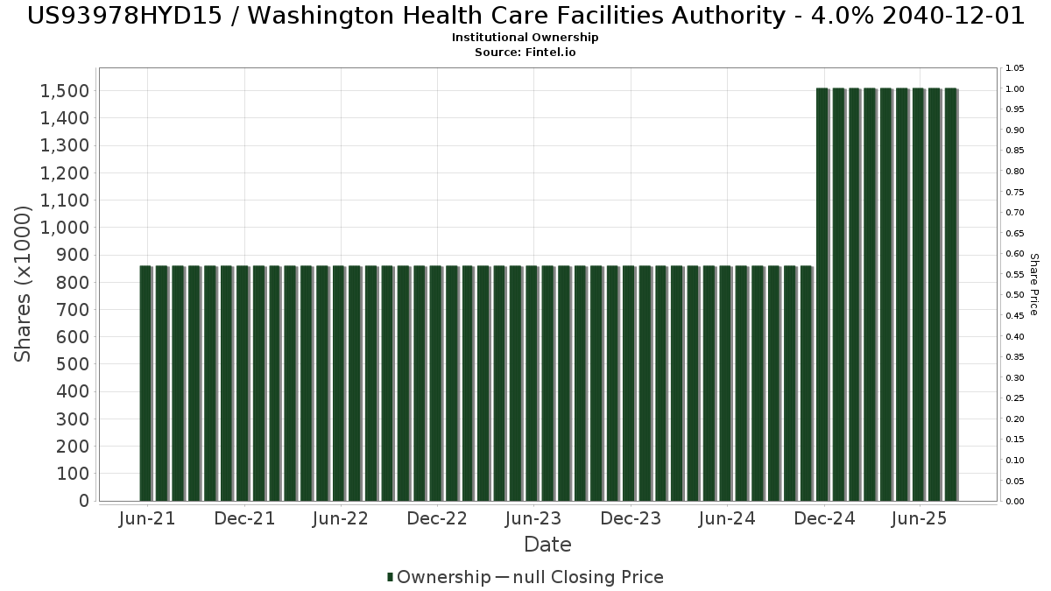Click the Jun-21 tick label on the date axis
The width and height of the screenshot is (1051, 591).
[x=147, y=518]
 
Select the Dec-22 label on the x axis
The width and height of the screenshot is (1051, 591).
[x=437, y=518]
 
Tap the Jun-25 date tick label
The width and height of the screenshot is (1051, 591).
[x=919, y=518]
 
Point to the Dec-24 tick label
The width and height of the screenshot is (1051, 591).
[x=825, y=518]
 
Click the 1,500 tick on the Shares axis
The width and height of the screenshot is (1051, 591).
[x=64, y=91]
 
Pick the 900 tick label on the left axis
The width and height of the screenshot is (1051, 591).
[x=74, y=255]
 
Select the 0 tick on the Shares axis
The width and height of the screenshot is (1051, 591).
[x=83, y=501]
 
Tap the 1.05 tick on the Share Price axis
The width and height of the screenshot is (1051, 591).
[x=1015, y=68]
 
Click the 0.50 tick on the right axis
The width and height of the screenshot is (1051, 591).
[x=1015, y=295]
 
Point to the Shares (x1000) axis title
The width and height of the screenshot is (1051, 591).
[x=24, y=284]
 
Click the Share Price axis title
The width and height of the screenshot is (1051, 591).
[x=1034, y=284]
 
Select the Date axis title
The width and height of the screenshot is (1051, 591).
[x=547, y=545]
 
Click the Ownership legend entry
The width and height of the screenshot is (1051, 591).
[x=439, y=577]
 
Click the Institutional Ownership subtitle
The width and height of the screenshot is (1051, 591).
[x=525, y=38]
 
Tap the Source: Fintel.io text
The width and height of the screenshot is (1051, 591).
[x=525, y=53]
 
